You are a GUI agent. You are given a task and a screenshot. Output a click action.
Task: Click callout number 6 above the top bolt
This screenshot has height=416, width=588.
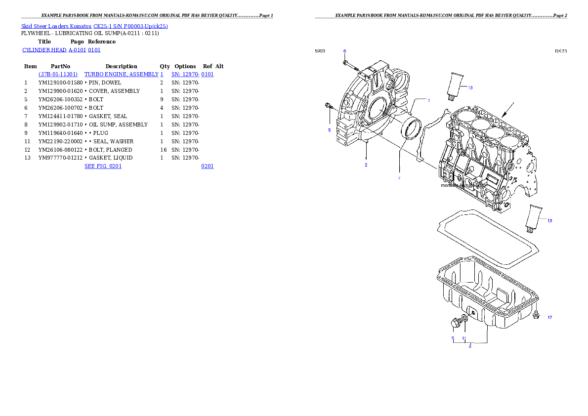coord(344,51)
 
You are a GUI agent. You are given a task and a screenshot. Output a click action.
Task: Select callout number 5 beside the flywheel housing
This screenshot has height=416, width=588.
coord(329,130)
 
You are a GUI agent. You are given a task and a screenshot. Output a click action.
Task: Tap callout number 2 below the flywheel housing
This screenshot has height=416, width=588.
coord(366,165)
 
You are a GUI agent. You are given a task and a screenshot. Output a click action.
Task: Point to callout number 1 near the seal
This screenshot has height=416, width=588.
coord(428,101)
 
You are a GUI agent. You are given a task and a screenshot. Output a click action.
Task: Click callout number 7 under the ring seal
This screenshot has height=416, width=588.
coord(399,178)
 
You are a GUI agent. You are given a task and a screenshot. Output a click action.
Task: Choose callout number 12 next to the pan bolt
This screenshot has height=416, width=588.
coord(549,317)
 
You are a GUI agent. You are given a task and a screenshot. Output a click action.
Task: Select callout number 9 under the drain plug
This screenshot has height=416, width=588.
coord(453,338)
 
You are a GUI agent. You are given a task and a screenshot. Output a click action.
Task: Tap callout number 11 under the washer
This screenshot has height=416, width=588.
coord(464,338)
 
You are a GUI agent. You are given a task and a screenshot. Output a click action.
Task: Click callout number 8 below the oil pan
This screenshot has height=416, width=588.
coord(470,346)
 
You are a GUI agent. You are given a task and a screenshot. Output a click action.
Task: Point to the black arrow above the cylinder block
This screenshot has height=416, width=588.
coord(508,110)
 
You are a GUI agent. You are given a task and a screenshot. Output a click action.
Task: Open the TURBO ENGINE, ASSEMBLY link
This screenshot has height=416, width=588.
coord(124,74)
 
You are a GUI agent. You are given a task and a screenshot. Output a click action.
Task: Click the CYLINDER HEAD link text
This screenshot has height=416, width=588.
coord(61,50)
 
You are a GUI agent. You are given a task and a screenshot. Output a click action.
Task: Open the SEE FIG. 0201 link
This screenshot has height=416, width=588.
coord(103,166)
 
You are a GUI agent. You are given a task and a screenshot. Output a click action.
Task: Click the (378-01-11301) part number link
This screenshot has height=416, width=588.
coord(58,74)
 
